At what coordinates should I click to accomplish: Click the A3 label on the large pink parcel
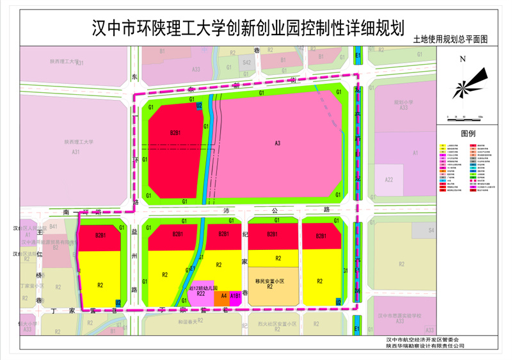pos(277,143)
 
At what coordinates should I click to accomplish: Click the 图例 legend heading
pos(468,135)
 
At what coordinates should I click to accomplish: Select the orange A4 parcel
pos(223,296)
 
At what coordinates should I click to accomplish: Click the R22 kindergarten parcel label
pos(200,294)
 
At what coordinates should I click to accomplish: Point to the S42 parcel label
pos(246,63)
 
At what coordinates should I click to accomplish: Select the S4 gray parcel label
pos(431,230)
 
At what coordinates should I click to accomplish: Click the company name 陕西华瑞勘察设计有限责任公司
pos(425,346)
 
